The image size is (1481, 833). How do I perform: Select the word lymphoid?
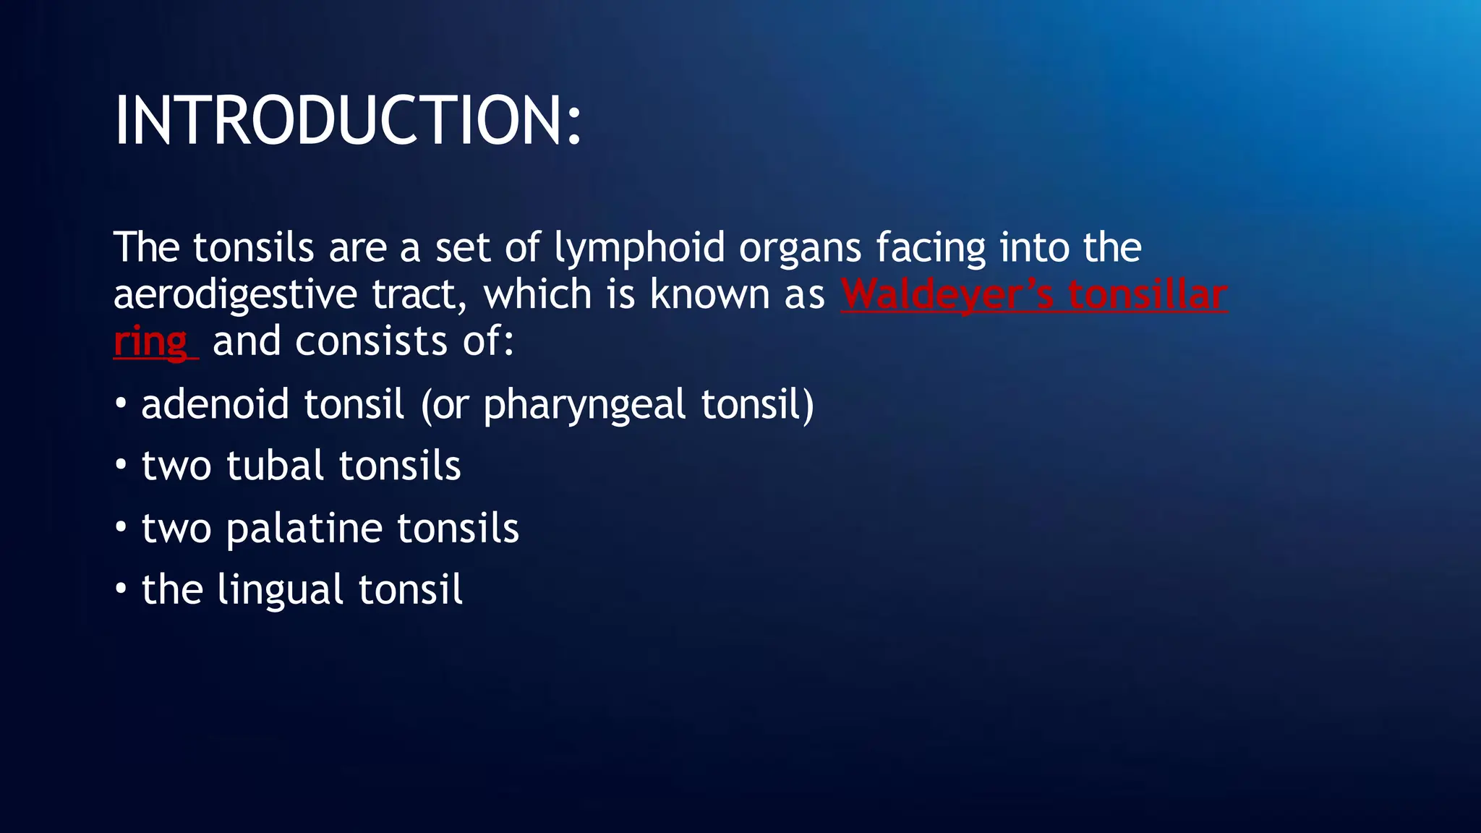(639, 249)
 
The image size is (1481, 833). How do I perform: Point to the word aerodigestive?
(235, 296)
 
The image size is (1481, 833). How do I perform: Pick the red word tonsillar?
(1148, 294)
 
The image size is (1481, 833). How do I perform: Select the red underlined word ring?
(150, 343)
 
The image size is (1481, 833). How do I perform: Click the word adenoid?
(215, 404)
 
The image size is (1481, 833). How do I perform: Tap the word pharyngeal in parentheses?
(584, 406)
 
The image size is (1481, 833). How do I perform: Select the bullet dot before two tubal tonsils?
(121, 465)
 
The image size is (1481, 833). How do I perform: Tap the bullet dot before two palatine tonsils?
(121, 528)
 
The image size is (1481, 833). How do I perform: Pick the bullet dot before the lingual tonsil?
(121, 589)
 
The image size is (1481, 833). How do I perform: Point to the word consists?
(371, 341)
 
